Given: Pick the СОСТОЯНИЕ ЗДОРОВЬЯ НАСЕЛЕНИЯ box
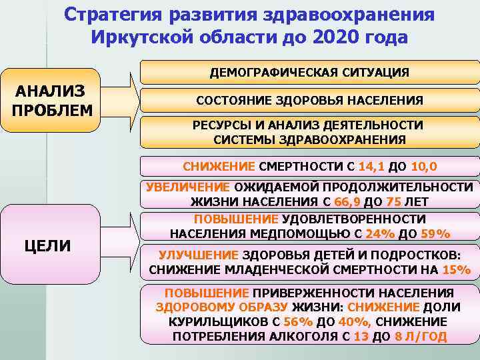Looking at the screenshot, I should point(309,100).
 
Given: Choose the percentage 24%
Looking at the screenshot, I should point(380,233).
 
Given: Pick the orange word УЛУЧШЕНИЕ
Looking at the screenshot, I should point(199,255).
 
